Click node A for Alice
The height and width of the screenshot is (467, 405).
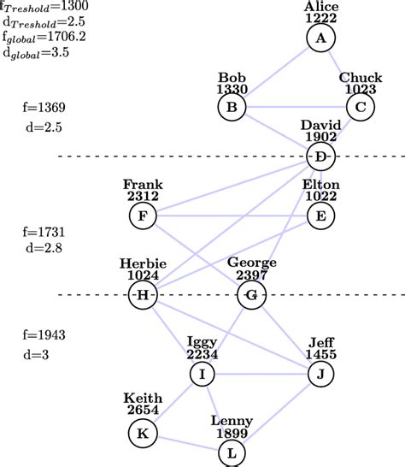pyautogui.click(x=321, y=38)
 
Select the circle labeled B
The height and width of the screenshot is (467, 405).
pyautogui.click(x=232, y=107)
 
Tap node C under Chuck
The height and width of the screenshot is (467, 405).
pyautogui.click(x=360, y=107)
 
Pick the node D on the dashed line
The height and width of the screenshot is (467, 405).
pyautogui.click(x=320, y=157)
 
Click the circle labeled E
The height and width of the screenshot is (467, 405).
pyautogui.click(x=320, y=216)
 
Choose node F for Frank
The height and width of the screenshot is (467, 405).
pyautogui.click(x=143, y=216)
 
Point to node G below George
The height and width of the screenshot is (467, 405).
pyautogui.click(x=250, y=296)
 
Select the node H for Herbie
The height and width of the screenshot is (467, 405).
pyautogui.click(x=143, y=296)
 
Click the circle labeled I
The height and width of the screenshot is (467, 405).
pyautogui.click(x=202, y=375)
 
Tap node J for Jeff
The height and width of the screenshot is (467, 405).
pyautogui.click(x=320, y=375)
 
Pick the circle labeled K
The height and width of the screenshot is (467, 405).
pyautogui.click(x=143, y=434)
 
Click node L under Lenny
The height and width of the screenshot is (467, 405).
pyautogui.click(x=232, y=452)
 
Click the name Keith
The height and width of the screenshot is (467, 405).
pyautogui.click(x=143, y=399)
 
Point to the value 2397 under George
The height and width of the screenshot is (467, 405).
pyautogui.click(x=250, y=275)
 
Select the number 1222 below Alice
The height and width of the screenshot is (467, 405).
pyautogui.click(x=321, y=18)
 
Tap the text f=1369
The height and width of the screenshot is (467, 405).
pyautogui.click(x=44, y=109)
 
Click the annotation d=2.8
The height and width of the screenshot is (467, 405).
pyautogui.click(x=44, y=247)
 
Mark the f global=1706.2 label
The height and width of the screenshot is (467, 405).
pyautogui.click(x=43, y=37)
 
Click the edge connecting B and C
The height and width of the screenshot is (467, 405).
pyautogui.click(x=296, y=107)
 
